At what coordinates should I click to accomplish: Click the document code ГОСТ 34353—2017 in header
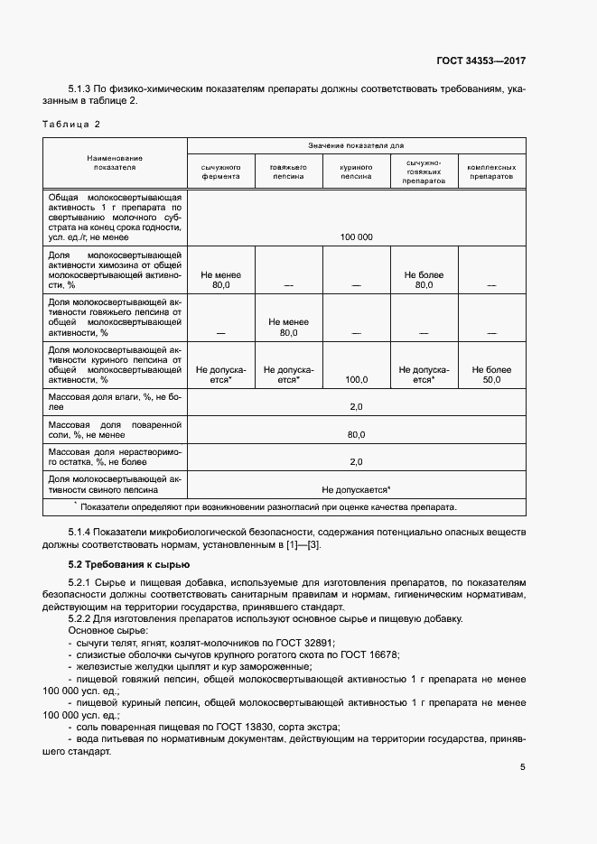tap(481, 60)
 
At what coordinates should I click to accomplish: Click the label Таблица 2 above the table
tap(72, 124)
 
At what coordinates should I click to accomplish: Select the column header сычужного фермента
tap(220, 172)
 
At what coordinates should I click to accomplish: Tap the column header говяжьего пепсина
tap(288, 172)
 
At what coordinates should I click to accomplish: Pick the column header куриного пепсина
tap(356, 172)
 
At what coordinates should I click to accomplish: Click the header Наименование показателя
tap(115, 162)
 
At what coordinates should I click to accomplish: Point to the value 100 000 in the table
tap(356, 237)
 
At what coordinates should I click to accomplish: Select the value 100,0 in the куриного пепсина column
tap(356, 380)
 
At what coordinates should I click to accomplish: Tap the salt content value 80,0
tap(356, 434)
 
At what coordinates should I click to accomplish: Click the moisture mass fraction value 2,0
tap(356, 407)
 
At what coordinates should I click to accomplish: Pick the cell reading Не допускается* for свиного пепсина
tap(356, 488)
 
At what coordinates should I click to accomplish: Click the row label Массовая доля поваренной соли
tap(115, 429)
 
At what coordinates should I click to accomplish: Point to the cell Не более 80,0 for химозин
tap(424, 279)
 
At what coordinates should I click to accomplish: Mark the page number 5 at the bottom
tap(522, 767)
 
